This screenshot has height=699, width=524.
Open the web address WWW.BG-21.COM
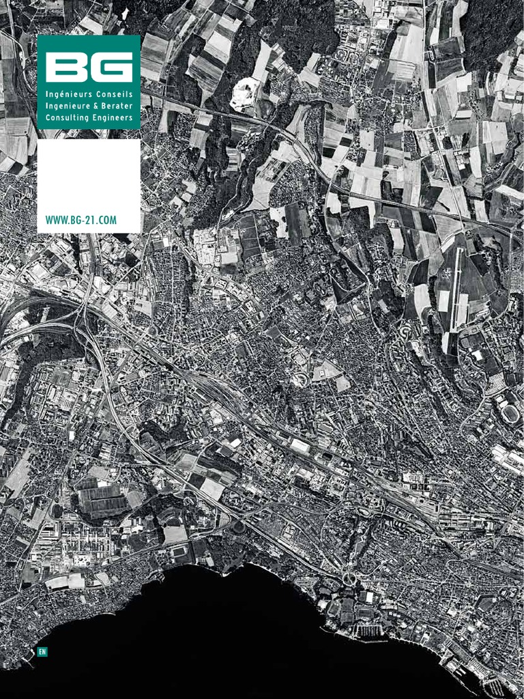click(x=81, y=220)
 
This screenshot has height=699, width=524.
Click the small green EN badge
click(x=42, y=652)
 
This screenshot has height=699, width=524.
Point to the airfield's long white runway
click(x=454, y=287)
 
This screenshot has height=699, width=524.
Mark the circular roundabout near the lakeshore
click(x=349, y=579)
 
